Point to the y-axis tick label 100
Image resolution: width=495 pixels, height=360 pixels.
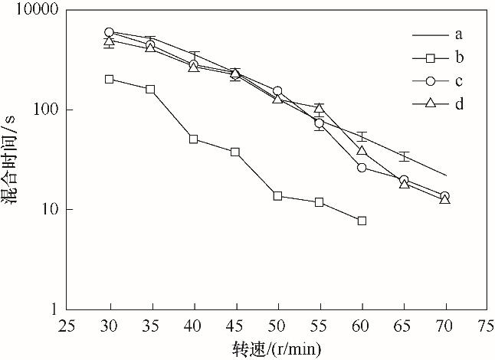pyautogui.click(x=47, y=110)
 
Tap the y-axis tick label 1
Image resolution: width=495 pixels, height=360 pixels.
pyautogui.click(x=57, y=309)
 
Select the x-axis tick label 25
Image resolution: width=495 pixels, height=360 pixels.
pyautogui.click(x=67, y=325)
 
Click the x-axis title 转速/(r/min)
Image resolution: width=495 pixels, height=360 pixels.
pyautogui.click(x=277, y=348)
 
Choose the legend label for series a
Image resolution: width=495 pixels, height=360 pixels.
pyautogui.click(x=457, y=34)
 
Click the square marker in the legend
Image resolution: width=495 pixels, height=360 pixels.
pyautogui.click(x=430, y=57)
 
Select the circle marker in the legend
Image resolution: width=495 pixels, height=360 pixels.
pyautogui.click(x=430, y=80)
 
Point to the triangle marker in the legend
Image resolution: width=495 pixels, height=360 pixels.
pyautogui.click(x=430, y=103)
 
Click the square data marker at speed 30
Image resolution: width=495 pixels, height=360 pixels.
pyautogui.click(x=110, y=79)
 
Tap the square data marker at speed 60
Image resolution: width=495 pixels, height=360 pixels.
pyautogui.click(x=362, y=221)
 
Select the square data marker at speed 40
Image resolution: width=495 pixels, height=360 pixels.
pyautogui.click(x=193, y=139)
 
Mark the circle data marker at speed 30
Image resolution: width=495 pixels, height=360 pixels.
pyautogui.click(x=110, y=32)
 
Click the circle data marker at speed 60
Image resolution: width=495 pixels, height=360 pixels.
pyautogui.click(x=362, y=168)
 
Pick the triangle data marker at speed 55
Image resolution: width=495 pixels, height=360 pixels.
pyautogui.click(x=320, y=108)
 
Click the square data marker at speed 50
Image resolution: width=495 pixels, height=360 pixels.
pyautogui.click(x=277, y=196)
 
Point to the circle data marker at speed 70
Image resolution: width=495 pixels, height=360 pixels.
pyautogui.click(x=444, y=196)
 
